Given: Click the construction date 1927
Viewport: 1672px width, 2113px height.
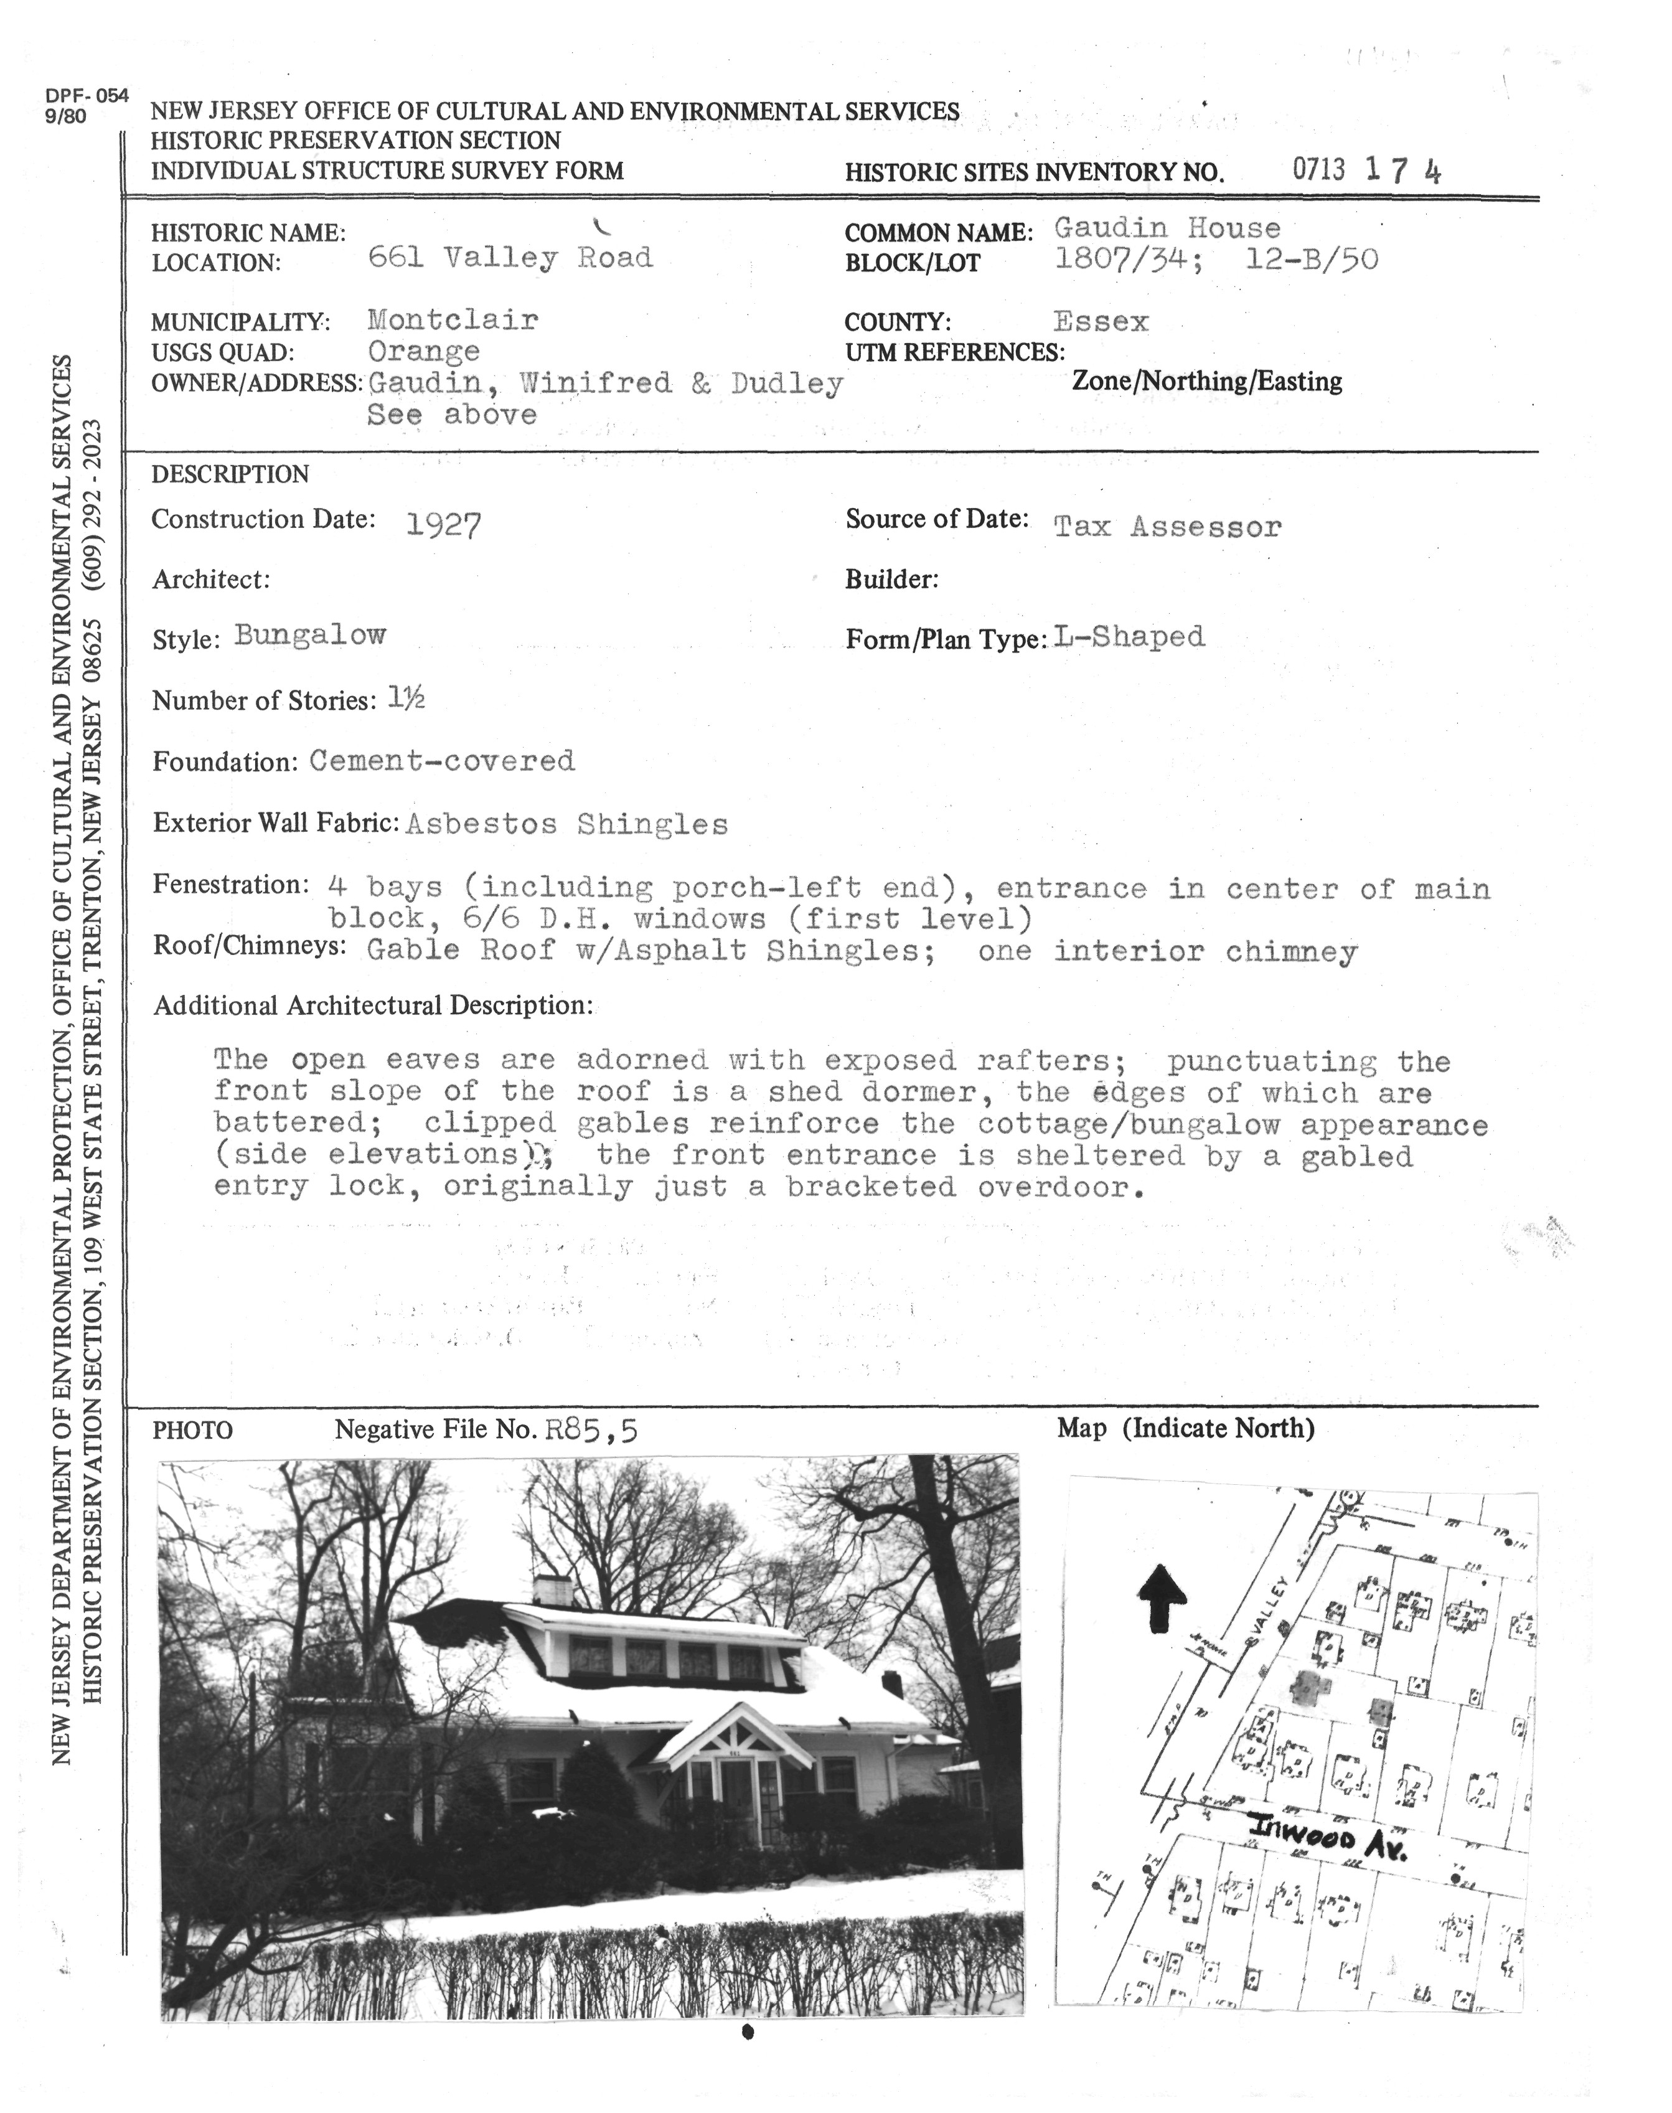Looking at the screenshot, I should click(x=443, y=527).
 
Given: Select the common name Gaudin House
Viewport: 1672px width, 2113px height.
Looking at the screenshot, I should click(x=1167, y=228).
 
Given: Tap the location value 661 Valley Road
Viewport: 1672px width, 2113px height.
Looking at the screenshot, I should click(x=509, y=258).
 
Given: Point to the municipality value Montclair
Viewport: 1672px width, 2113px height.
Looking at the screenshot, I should click(x=453, y=320).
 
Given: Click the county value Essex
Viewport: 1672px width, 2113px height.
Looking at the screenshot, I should click(x=1101, y=321).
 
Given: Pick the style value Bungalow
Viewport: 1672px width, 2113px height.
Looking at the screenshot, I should click(x=311, y=636).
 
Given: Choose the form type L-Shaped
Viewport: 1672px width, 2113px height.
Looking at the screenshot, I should click(x=1130, y=638).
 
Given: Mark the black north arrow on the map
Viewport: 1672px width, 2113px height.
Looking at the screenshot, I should click(x=1163, y=1598).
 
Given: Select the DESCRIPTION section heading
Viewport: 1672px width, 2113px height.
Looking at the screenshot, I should click(x=230, y=475).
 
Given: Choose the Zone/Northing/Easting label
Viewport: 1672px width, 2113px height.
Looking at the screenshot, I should click(x=1207, y=381).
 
